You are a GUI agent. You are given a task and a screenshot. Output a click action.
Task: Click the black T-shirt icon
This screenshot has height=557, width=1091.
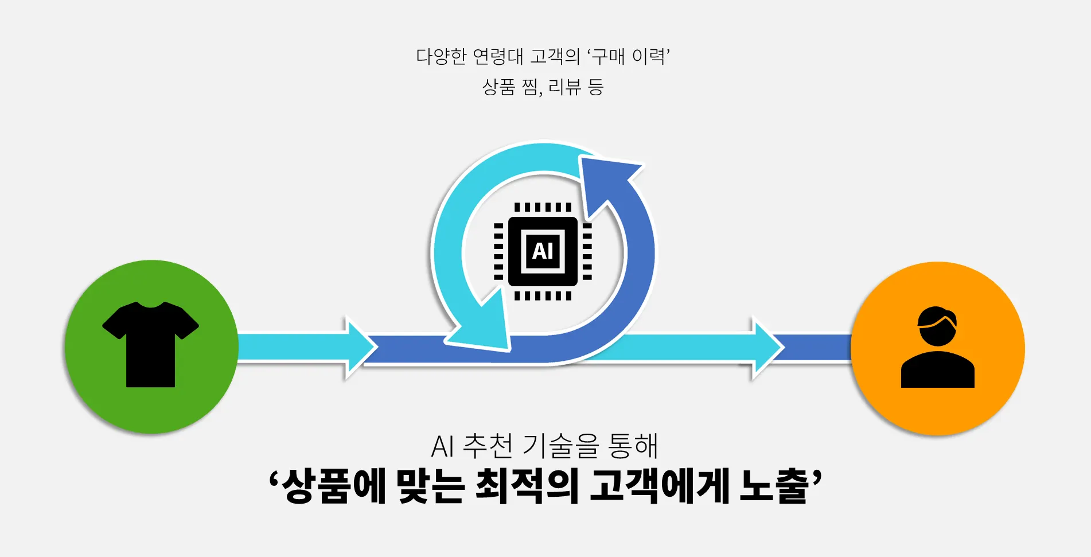pyautogui.click(x=150, y=344)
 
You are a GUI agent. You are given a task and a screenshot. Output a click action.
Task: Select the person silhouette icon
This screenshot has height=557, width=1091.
pyautogui.click(x=937, y=347)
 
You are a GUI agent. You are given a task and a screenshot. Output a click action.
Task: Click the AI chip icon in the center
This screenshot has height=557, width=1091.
pyautogui.click(x=543, y=251)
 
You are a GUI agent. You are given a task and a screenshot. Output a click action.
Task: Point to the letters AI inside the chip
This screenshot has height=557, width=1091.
pyautogui.click(x=543, y=251)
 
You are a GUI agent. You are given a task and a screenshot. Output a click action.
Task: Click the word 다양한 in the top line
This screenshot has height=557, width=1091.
pyautogui.click(x=441, y=57)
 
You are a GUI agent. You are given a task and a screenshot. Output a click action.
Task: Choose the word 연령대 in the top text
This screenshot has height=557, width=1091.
pyautogui.click(x=498, y=57)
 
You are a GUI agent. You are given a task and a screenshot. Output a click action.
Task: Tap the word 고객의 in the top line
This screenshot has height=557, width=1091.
pyautogui.click(x=555, y=57)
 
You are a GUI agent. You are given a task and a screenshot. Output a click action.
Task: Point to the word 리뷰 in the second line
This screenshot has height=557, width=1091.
pyautogui.click(x=564, y=87)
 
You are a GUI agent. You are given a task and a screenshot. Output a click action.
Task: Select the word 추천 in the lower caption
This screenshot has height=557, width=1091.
pyautogui.click(x=488, y=446)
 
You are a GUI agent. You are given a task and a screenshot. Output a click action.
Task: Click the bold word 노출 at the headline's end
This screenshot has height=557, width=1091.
pyautogui.click(x=774, y=486)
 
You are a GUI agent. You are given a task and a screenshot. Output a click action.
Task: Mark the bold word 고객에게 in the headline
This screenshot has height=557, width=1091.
pyautogui.click(x=660, y=486)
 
